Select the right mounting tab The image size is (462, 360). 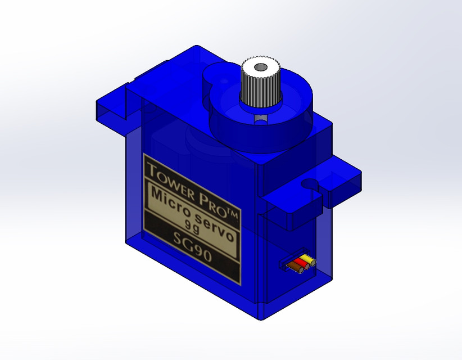coord(315,191)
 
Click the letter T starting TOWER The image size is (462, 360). coord(151,168)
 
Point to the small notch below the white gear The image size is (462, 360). coord(260,119)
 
